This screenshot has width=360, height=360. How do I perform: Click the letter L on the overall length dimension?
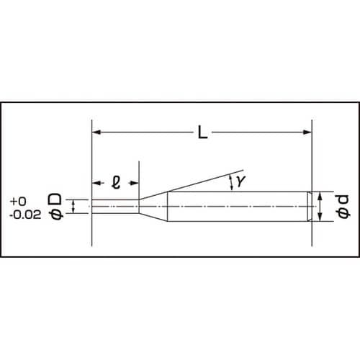[x=203, y=133]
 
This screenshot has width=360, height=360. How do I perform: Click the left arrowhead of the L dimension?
[x=96, y=132]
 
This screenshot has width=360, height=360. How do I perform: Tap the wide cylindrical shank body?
[x=238, y=207]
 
